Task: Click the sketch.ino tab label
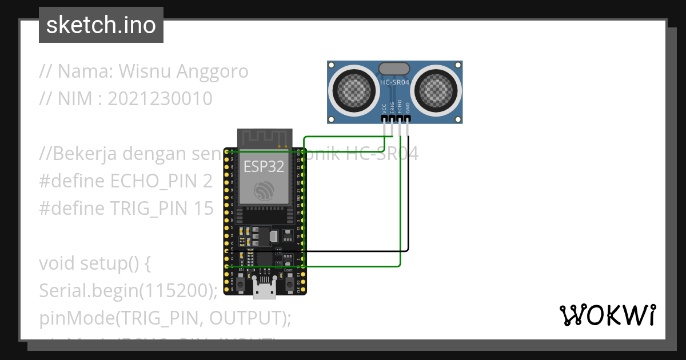point(101,25)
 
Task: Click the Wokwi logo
point(607,315)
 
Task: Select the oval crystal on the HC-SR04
point(394,69)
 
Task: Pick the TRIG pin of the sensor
point(392,118)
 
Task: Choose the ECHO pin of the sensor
point(400,118)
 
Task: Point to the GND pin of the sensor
point(407,118)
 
